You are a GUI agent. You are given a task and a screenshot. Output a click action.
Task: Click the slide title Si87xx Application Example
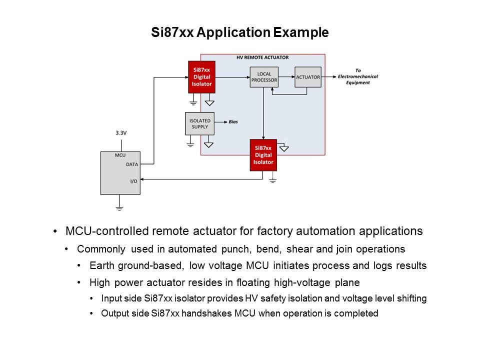coord(239,33)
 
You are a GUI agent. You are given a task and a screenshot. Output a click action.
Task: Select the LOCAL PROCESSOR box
coord(263,77)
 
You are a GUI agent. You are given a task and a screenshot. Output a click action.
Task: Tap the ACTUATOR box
coord(307,77)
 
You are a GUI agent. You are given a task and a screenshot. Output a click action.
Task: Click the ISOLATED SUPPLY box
coord(199,123)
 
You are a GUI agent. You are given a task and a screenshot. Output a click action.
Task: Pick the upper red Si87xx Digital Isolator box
coord(201,77)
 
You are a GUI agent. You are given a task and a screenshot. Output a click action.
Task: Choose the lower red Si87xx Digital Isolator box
coord(263,155)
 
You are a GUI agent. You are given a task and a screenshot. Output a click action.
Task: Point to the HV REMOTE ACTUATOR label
coord(262,57)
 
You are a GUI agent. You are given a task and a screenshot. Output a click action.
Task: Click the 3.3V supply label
coord(120,133)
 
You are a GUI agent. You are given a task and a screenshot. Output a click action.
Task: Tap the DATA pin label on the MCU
coord(131,164)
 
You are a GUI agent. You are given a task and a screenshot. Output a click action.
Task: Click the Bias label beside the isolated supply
coord(233,122)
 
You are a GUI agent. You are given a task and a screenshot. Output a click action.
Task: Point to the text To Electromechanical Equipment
coord(357,76)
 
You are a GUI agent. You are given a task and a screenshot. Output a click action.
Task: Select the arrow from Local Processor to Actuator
coord(286,77)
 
